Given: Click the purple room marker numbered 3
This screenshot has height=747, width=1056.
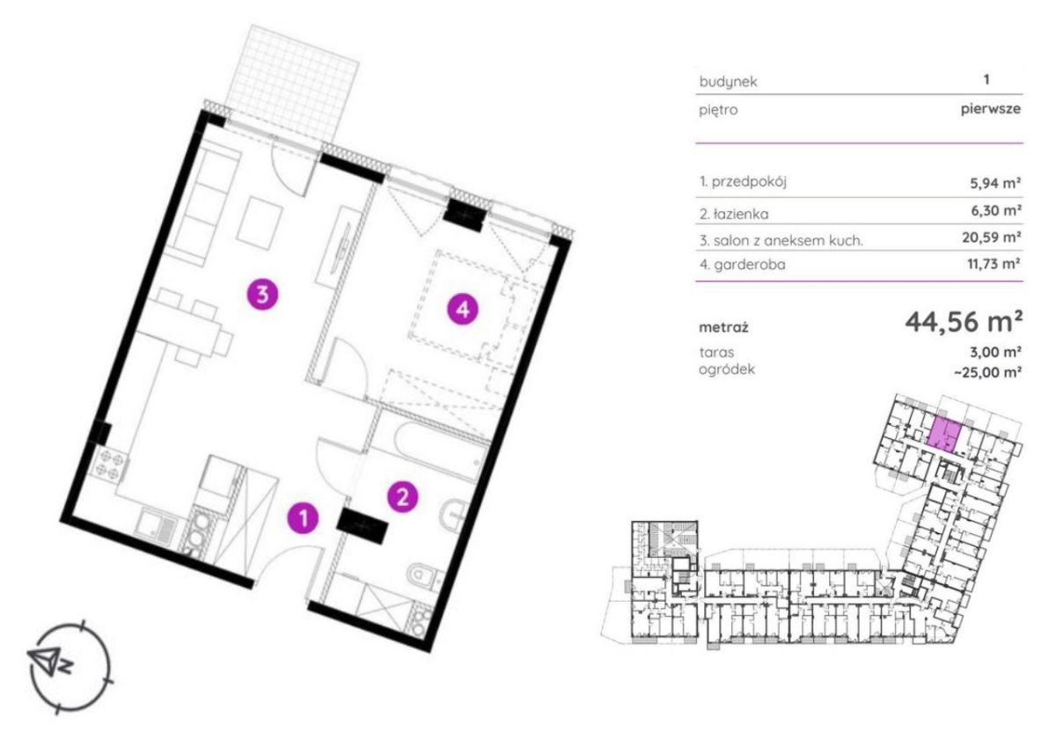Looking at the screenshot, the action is point(262,295).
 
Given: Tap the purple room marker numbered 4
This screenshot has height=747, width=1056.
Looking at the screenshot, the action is point(463,310).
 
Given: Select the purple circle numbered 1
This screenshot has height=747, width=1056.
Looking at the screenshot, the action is point(303,518).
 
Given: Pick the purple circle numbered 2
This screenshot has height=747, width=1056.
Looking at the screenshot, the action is point(402,496).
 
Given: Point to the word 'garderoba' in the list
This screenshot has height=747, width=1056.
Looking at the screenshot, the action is point(750,264).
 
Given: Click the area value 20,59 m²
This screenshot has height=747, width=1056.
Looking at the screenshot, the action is point(992,237).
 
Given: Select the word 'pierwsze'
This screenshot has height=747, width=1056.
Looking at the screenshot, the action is point(991,109).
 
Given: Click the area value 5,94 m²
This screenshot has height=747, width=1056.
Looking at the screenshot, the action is point(995,182).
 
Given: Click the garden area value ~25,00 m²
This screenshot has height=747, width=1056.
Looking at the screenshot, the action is point(987,372).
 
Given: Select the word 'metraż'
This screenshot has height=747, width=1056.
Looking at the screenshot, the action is point(723,327).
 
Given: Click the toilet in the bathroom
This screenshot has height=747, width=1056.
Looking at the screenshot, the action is point(422,577).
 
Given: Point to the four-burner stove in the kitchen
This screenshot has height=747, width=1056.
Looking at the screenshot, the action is point(110,464).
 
